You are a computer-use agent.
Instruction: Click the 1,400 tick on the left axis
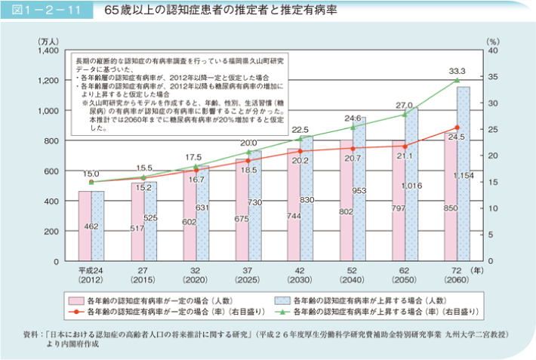48,51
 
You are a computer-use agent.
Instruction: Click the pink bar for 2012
85,226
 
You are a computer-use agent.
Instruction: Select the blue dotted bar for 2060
463,174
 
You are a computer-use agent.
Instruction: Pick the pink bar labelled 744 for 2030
295,205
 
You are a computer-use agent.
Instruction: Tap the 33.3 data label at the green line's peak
456,70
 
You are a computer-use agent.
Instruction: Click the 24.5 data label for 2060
455,137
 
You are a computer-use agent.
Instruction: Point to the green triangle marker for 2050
405,114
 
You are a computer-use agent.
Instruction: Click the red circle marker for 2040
352,149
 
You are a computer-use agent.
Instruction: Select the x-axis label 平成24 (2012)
91,273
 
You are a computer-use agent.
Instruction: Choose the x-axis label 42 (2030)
300,273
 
